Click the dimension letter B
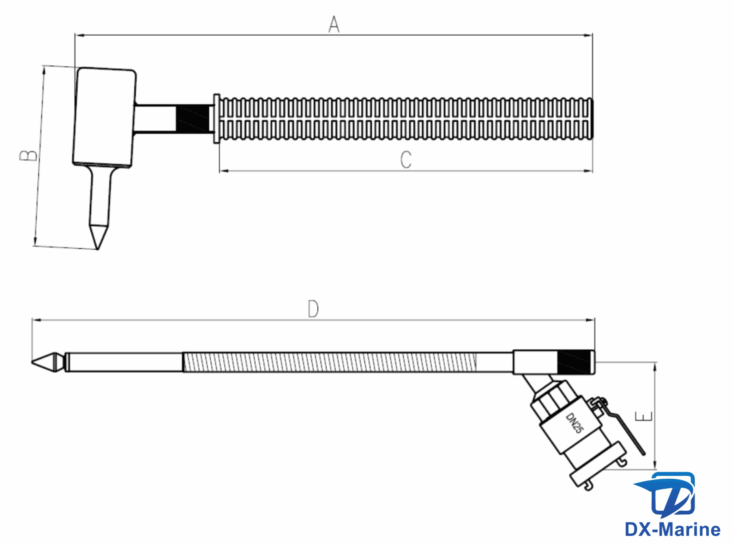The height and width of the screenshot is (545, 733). [28, 156]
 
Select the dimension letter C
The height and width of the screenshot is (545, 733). [406, 160]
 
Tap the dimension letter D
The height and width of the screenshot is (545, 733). [313, 309]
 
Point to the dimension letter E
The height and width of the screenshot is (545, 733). [644, 416]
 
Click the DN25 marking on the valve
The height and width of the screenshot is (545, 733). [575, 423]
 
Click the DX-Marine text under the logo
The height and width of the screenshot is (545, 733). [672, 529]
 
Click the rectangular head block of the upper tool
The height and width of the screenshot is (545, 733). [104, 117]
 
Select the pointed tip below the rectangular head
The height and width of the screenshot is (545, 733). [98, 236]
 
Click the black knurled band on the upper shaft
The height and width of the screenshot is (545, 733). [193, 119]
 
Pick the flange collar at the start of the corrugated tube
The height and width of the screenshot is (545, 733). [216, 119]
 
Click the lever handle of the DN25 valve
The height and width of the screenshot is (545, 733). [625, 430]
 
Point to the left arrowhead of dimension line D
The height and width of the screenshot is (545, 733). [36, 320]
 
